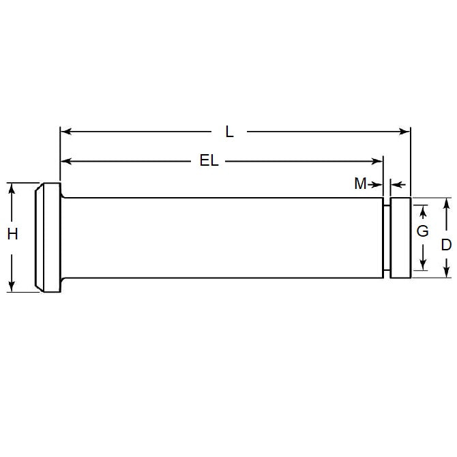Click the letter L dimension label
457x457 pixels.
click(229, 132)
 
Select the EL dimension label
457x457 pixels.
click(209, 162)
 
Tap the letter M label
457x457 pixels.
click(360, 183)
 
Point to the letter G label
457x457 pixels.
click(423, 231)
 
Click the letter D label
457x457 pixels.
click(446, 245)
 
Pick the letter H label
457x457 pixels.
click(12, 234)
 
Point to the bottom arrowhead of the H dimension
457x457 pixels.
click(12, 286)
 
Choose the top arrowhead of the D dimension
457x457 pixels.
click(446, 203)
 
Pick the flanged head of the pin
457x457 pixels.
click(48, 237)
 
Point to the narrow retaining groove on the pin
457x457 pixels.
click(386, 237)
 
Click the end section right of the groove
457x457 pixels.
click(400, 237)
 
